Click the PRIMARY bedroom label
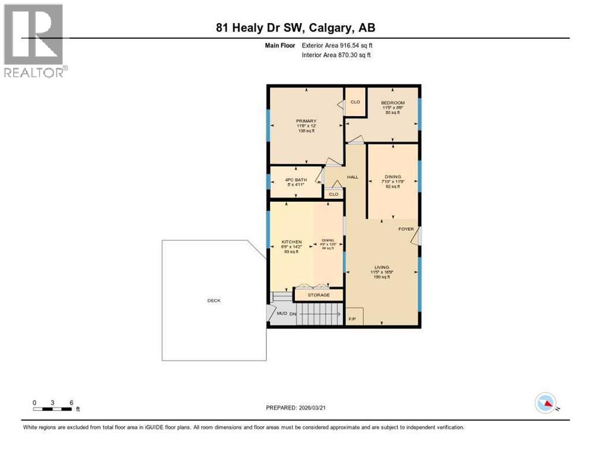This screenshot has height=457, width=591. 306,121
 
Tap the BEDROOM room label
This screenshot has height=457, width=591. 393,103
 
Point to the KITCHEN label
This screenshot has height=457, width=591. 291,242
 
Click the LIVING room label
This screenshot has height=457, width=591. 381,267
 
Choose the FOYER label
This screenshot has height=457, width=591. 406,229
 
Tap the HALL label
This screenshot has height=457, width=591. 353,177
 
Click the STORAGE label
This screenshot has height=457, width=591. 319,295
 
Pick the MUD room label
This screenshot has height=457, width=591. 282,314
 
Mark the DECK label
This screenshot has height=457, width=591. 213,301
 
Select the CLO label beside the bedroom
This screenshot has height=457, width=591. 355,102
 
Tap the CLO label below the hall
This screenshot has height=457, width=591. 334,194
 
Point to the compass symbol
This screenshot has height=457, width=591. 545,403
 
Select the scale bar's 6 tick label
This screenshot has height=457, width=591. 71,403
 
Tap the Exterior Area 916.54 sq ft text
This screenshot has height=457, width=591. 337,45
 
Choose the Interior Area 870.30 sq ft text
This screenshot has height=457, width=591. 337,55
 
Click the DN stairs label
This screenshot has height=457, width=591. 293,314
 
